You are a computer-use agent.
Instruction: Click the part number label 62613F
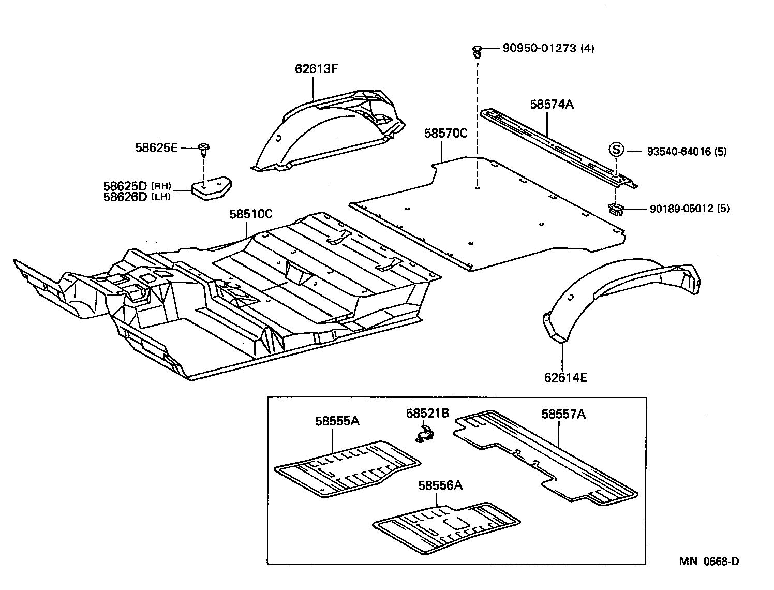click(316, 69)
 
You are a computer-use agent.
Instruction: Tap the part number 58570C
click(445, 133)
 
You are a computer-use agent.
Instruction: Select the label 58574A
click(552, 105)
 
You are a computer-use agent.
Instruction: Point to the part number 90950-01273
click(540, 49)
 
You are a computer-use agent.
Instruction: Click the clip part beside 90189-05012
click(616, 209)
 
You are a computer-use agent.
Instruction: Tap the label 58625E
click(156, 148)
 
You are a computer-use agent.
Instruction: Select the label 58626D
click(125, 197)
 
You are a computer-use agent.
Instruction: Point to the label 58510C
click(251, 214)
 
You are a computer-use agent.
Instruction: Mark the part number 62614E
click(565, 377)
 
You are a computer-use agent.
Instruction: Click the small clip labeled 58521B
click(425, 433)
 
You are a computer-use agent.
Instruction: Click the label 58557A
click(563, 414)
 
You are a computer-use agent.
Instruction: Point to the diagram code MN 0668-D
click(709, 562)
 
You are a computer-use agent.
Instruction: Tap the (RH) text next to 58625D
click(161, 186)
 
